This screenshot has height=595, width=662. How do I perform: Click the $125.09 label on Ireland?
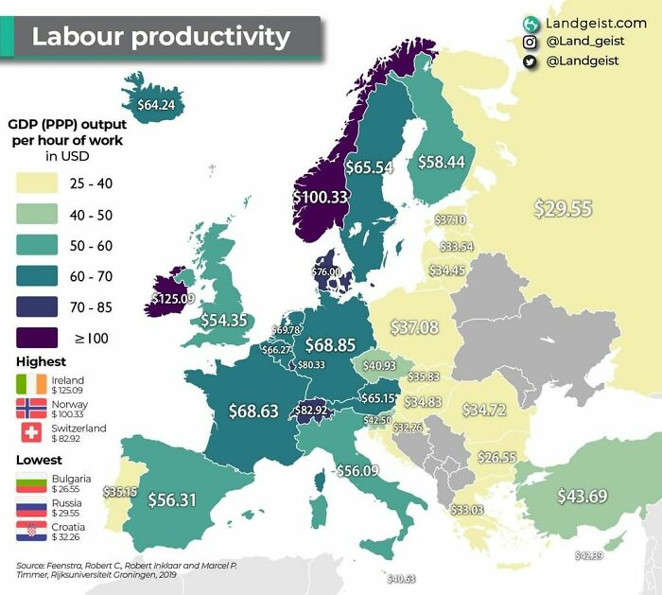tap(173, 299)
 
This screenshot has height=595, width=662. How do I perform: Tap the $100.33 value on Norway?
tap(321, 197)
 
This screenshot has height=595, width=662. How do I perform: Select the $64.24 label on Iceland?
tap(156, 104)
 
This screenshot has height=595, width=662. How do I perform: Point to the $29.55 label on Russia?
tap(563, 208)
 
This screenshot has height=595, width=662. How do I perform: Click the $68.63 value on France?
tap(253, 411)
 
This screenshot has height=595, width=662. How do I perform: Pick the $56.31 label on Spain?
tap(171, 500)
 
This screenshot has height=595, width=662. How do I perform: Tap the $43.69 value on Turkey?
tap(582, 496)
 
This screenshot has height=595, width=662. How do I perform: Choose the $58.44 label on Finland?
tap(442, 162)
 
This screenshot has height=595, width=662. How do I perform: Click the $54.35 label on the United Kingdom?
tap(223, 320)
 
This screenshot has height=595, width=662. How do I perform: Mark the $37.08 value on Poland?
tap(415, 327)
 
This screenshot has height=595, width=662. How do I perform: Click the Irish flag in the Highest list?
tap(30, 385)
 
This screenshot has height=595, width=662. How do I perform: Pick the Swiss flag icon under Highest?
tap(30, 433)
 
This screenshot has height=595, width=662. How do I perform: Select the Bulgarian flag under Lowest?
tap(30, 483)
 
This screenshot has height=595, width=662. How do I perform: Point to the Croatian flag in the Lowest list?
tap(30, 532)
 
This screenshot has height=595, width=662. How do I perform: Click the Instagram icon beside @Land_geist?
tap(530, 42)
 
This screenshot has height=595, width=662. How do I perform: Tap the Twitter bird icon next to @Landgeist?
tap(530, 61)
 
